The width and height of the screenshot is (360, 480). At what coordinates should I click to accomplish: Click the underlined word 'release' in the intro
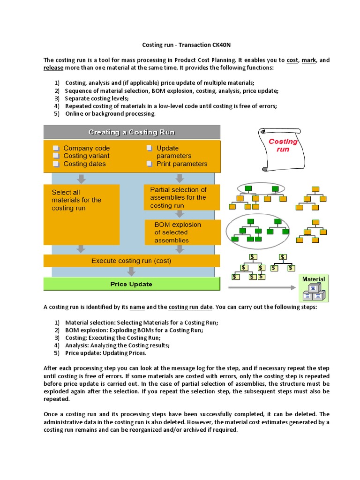click(53, 67)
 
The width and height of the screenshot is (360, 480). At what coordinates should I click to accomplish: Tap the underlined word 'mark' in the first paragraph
click(308, 60)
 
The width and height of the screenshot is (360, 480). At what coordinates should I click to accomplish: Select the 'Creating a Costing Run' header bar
click(132, 132)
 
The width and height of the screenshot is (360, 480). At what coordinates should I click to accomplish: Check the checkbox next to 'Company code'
click(56, 148)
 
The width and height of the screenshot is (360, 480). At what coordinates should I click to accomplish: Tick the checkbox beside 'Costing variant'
click(56, 156)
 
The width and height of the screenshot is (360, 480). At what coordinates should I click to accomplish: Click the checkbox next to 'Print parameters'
click(149, 164)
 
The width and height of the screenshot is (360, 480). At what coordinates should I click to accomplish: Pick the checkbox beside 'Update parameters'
click(149, 148)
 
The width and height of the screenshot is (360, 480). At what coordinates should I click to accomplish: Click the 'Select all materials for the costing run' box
click(81, 214)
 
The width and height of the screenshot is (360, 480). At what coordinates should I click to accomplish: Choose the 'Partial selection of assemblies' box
click(181, 197)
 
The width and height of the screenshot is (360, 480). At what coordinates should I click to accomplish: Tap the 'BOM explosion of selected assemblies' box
click(182, 232)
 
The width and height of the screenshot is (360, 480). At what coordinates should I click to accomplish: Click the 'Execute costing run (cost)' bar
click(131, 261)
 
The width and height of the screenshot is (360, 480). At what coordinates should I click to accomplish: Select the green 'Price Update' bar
click(131, 284)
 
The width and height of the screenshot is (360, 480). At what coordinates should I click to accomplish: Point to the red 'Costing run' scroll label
click(283, 145)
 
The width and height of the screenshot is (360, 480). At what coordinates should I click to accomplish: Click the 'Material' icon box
click(314, 288)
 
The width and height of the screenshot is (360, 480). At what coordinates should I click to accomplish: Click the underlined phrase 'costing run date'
click(190, 307)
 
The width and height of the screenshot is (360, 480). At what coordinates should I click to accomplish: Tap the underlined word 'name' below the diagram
click(137, 307)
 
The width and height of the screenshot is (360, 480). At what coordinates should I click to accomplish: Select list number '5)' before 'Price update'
click(57, 353)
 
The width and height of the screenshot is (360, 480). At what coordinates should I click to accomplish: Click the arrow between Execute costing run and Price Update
click(131, 272)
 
